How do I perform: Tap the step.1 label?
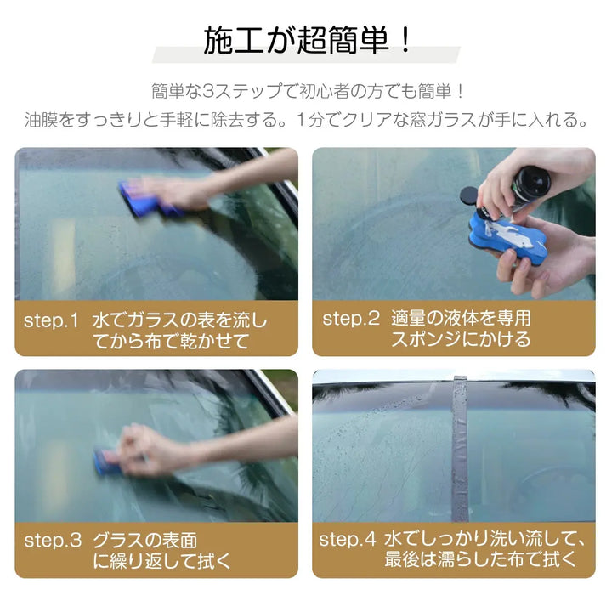tap(51, 320)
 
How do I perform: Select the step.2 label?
tap(350, 319)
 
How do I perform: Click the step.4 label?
tap(347, 540)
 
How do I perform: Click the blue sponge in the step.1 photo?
tap(144, 200)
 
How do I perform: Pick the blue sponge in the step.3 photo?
tap(108, 462)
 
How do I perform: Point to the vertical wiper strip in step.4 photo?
tap(461, 446)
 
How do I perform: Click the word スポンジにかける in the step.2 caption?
tap(461, 339)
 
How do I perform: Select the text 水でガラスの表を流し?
tap(179, 320)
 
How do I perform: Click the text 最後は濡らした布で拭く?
tap(481, 559)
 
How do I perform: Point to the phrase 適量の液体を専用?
tap(461, 319)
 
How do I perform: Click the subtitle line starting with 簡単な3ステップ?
tap(307, 91)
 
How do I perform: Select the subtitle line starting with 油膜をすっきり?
tap(307, 120)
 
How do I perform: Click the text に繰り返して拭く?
tap(161, 561)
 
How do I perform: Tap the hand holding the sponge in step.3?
tap(153, 449)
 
